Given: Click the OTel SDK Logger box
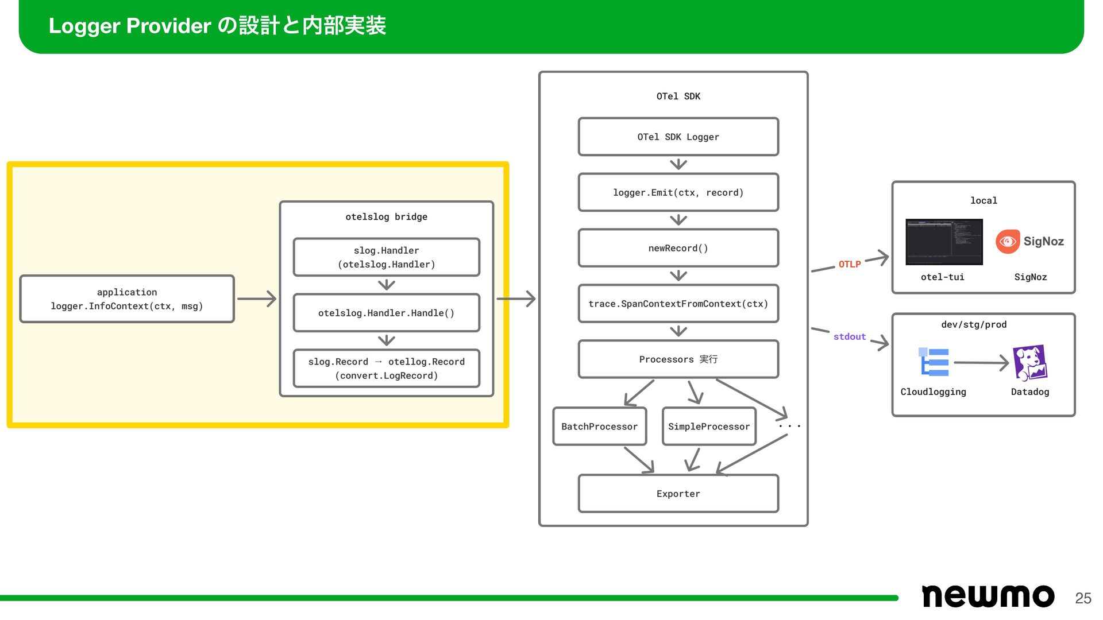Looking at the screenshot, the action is [678, 137].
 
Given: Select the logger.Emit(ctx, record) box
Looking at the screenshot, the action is [678, 192].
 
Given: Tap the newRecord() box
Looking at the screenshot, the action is [678, 248].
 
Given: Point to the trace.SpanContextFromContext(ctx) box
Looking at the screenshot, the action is [678, 304].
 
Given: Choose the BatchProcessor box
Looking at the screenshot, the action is [600, 427].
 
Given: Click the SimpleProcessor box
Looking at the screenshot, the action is [709, 427].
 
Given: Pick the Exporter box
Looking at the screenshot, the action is [678, 494].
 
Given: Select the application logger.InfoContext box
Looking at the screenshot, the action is [127, 299].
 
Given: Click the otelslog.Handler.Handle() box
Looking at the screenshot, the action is [387, 313].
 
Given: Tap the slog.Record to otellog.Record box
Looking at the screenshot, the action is [387, 369].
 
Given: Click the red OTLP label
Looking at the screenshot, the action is [850, 264].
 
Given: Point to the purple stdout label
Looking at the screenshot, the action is [850, 336].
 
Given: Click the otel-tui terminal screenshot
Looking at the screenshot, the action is [944, 242].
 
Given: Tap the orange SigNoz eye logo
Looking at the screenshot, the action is [1008, 242].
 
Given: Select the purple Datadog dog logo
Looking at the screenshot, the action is [1030, 363].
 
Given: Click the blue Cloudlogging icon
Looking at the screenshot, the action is [934, 362].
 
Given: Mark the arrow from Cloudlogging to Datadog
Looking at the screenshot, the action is [981, 363].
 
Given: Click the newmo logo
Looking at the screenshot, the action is [988, 596].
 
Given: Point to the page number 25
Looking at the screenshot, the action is [1083, 598].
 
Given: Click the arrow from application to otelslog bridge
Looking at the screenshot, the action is [257, 299].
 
